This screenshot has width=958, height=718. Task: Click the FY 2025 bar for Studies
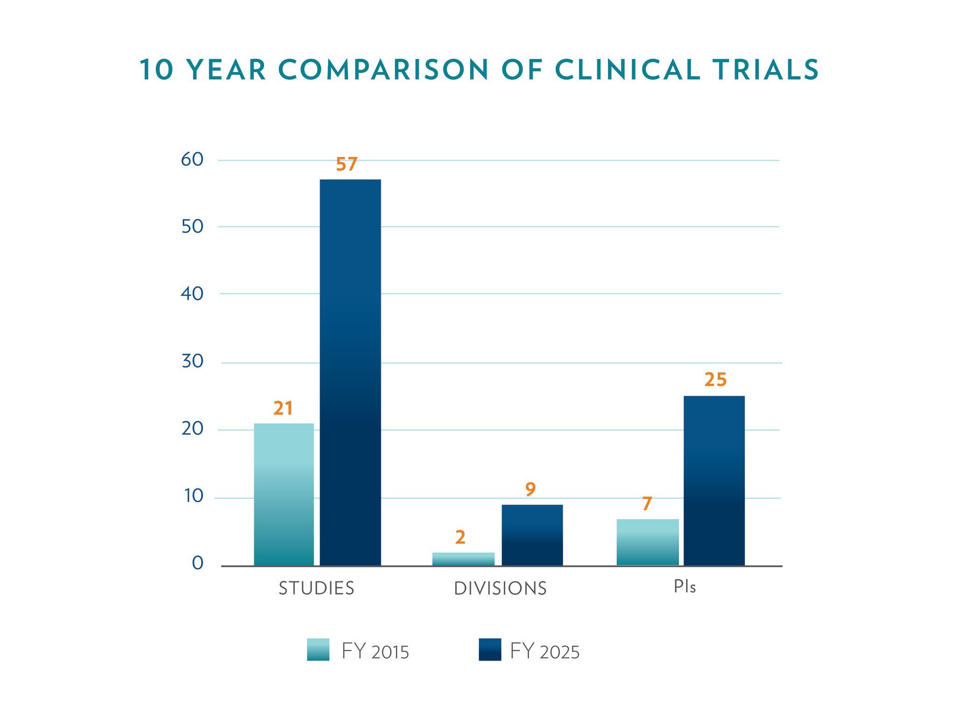click(350, 372)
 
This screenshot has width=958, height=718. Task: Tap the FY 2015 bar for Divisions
click(463, 559)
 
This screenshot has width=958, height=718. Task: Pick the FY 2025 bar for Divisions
click(532, 535)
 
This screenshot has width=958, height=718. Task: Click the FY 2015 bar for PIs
click(647, 542)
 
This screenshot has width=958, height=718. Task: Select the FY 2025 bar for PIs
click(714, 481)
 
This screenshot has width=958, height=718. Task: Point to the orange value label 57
click(346, 164)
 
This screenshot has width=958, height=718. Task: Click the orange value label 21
click(283, 409)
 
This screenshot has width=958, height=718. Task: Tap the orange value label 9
click(530, 490)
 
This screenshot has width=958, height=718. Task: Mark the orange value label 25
click(715, 380)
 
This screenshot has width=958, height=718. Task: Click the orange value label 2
click(460, 538)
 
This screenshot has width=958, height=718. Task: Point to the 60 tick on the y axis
click(192, 160)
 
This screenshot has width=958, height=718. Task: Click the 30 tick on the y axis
click(192, 361)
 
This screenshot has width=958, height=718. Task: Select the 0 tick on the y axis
click(197, 563)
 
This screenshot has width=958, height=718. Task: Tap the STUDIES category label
click(316, 588)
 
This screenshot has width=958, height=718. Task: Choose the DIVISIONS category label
click(500, 589)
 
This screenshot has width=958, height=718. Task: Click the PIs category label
click(684, 587)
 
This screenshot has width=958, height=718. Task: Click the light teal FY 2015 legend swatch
click(318, 649)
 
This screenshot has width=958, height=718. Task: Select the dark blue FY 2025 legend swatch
click(490, 649)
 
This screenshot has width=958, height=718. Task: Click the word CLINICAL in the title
click(627, 70)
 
